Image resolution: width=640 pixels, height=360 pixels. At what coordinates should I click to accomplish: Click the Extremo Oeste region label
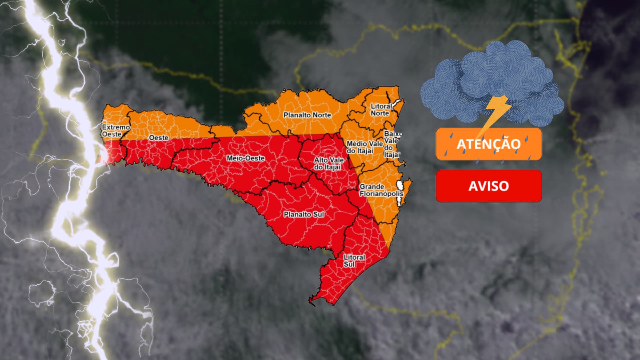tap(115, 131)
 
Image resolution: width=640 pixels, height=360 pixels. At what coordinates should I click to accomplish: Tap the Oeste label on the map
tap(159, 138)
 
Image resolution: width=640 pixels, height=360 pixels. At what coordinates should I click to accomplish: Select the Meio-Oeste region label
tap(246, 158)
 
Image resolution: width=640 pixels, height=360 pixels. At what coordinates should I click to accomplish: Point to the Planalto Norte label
tap(307, 115)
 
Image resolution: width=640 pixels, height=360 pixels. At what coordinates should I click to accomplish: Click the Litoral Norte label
tap(381, 110)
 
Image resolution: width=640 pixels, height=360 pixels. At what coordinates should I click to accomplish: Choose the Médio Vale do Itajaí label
tap(364, 147)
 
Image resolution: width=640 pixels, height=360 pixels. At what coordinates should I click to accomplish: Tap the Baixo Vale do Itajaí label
tap(392, 144)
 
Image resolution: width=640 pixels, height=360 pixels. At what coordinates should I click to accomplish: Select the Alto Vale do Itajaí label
tap(328, 163)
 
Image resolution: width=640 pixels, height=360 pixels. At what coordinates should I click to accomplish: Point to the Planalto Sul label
tap(304, 214)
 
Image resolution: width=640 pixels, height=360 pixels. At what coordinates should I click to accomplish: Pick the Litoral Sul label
tap(354, 260)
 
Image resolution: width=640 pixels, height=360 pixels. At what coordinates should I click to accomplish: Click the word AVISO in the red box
tap(489, 186)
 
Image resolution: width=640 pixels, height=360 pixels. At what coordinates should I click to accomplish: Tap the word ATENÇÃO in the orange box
tap(489, 144)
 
